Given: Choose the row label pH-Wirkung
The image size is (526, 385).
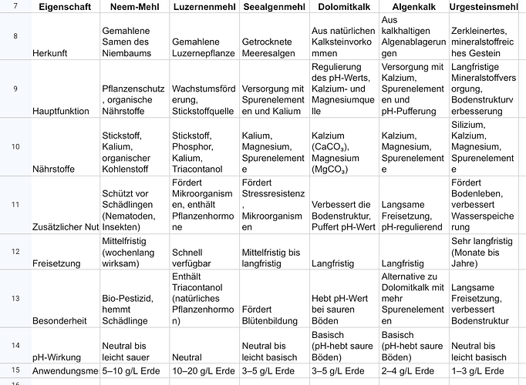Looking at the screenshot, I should [56, 357].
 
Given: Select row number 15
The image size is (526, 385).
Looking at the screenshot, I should [15, 370].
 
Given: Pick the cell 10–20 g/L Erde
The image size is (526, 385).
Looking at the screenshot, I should [201, 370].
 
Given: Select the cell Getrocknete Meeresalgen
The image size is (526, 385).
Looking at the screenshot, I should [270, 47].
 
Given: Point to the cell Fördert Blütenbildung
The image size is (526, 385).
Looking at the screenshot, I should [270, 315].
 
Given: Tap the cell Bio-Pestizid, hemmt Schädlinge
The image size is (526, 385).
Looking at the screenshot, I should [131, 308].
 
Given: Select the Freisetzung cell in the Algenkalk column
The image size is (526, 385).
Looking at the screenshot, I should [403, 263].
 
